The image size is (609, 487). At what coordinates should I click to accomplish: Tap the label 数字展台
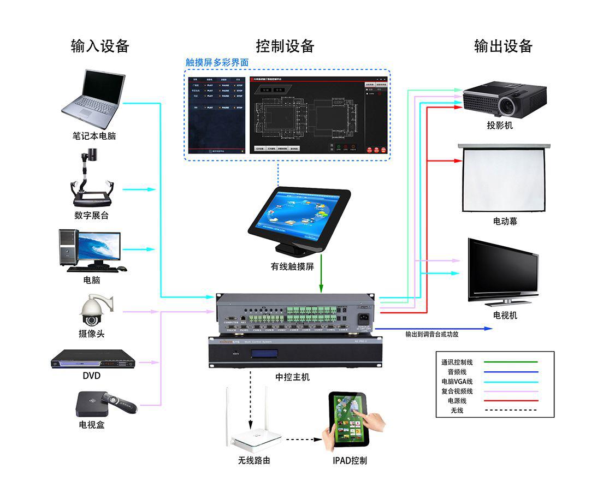[x=91, y=215]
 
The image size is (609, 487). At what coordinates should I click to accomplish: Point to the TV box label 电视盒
[x=91, y=424]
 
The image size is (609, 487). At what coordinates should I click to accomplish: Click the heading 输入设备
[x=100, y=46]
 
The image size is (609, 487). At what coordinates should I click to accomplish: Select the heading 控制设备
[x=285, y=46]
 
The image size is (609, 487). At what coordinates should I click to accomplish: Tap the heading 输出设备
[x=503, y=46]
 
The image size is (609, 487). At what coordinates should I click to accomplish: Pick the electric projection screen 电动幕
[x=505, y=179]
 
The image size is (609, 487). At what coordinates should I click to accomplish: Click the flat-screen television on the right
[x=503, y=272]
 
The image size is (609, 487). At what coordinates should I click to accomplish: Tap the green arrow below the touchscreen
[x=321, y=279]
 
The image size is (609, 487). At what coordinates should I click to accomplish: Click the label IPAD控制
[x=350, y=460]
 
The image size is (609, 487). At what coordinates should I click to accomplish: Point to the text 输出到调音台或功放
[x=431, y=334]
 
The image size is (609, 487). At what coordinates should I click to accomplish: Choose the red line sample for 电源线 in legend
[x=511, y=401]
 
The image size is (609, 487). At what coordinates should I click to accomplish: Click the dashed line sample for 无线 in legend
[x=511, y=410]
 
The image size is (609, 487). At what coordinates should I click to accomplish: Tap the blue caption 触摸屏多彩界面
[x=217, y=63]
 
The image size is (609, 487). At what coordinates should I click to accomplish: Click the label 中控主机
[x=293, y=377]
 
